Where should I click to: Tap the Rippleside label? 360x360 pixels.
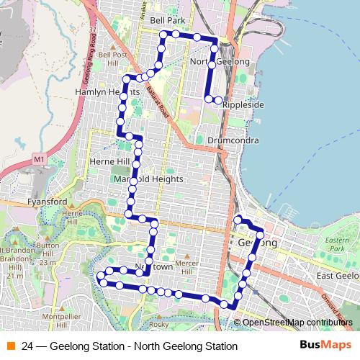(243, 105)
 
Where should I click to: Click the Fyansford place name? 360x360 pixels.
(47, 202)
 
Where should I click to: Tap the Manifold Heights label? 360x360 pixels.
(148, 179)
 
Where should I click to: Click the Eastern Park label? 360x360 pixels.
(336, 244)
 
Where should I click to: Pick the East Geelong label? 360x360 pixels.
(337, 276)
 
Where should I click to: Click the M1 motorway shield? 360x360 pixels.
(39, 158)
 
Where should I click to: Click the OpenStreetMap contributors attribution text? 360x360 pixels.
(297, 323)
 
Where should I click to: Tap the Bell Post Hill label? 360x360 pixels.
(113, 58)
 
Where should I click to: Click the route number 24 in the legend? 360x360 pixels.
(27, 346)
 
